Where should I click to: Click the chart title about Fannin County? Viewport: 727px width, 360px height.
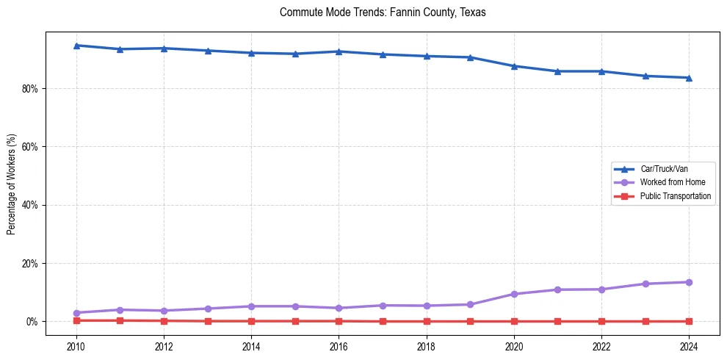383,12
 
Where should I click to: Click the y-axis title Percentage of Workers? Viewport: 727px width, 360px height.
11,184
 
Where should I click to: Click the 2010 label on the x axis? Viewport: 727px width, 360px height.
76,347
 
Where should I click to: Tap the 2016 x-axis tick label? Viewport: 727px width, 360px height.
339,347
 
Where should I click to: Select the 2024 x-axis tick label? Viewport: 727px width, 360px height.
689,347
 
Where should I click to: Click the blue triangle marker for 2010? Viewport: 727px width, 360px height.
76,46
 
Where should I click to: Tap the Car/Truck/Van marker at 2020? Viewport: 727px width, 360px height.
514,66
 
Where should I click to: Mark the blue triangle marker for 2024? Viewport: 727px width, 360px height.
689,78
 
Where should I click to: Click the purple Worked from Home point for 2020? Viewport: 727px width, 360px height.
514,294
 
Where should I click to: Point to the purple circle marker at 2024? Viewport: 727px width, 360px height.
689,282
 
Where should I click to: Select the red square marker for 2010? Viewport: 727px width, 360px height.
76,320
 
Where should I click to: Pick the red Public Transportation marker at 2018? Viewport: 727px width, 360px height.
427,321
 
